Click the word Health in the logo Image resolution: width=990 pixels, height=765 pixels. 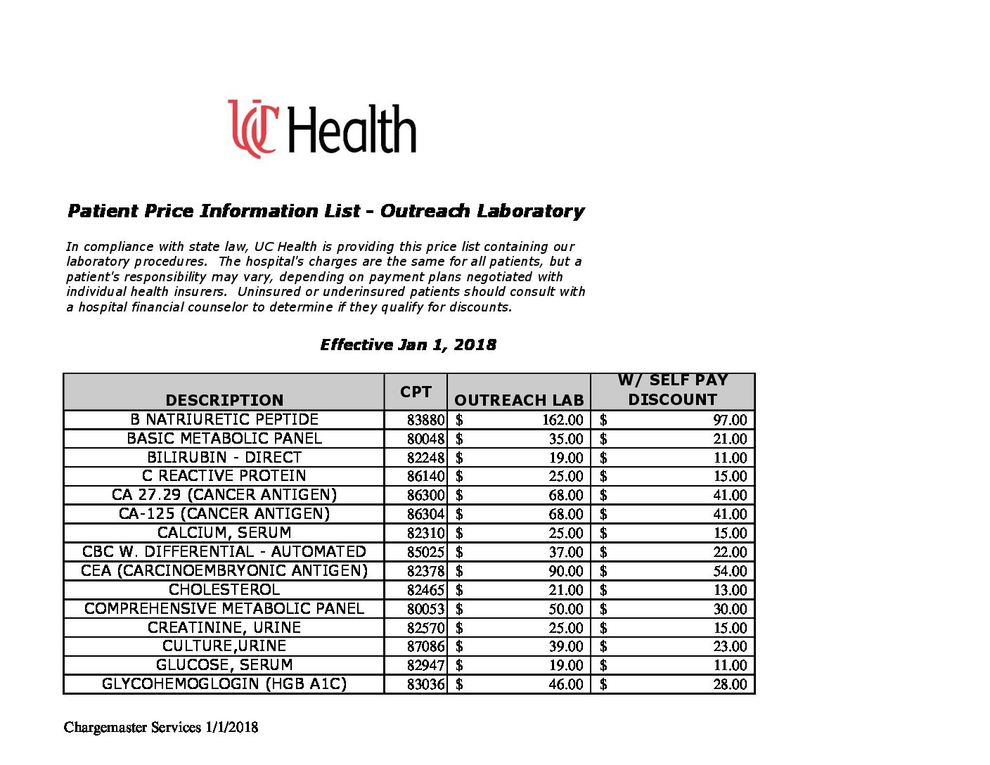[352, 130]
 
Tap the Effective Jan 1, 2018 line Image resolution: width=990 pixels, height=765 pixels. [408, 345]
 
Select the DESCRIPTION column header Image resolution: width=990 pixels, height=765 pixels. [224, 400]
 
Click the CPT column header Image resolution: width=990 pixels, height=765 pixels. [416, 392]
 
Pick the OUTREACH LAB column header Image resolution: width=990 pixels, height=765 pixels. [519, 400]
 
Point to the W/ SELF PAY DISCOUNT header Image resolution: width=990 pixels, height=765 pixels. [673, 390]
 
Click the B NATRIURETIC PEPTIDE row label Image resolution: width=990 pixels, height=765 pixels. [224, 420]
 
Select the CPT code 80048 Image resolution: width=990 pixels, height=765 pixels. [425, 439]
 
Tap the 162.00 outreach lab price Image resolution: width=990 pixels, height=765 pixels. [562, 420]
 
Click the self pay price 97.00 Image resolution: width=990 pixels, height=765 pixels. [730, 420]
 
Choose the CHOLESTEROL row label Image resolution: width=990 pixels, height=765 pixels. [224, 590]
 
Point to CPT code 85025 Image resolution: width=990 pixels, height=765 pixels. [425, 553]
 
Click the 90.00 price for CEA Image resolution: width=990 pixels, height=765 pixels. [566, 571]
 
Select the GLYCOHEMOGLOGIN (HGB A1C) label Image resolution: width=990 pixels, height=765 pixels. [224, 684]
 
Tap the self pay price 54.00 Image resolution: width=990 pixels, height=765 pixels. [730, 571]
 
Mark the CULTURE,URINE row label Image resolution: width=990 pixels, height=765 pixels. [224, 646]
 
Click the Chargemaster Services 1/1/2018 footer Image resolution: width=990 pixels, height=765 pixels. [161, 727]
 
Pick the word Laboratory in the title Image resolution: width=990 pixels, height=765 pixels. [531, 211]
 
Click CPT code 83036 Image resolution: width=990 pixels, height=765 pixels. [425, 684]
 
